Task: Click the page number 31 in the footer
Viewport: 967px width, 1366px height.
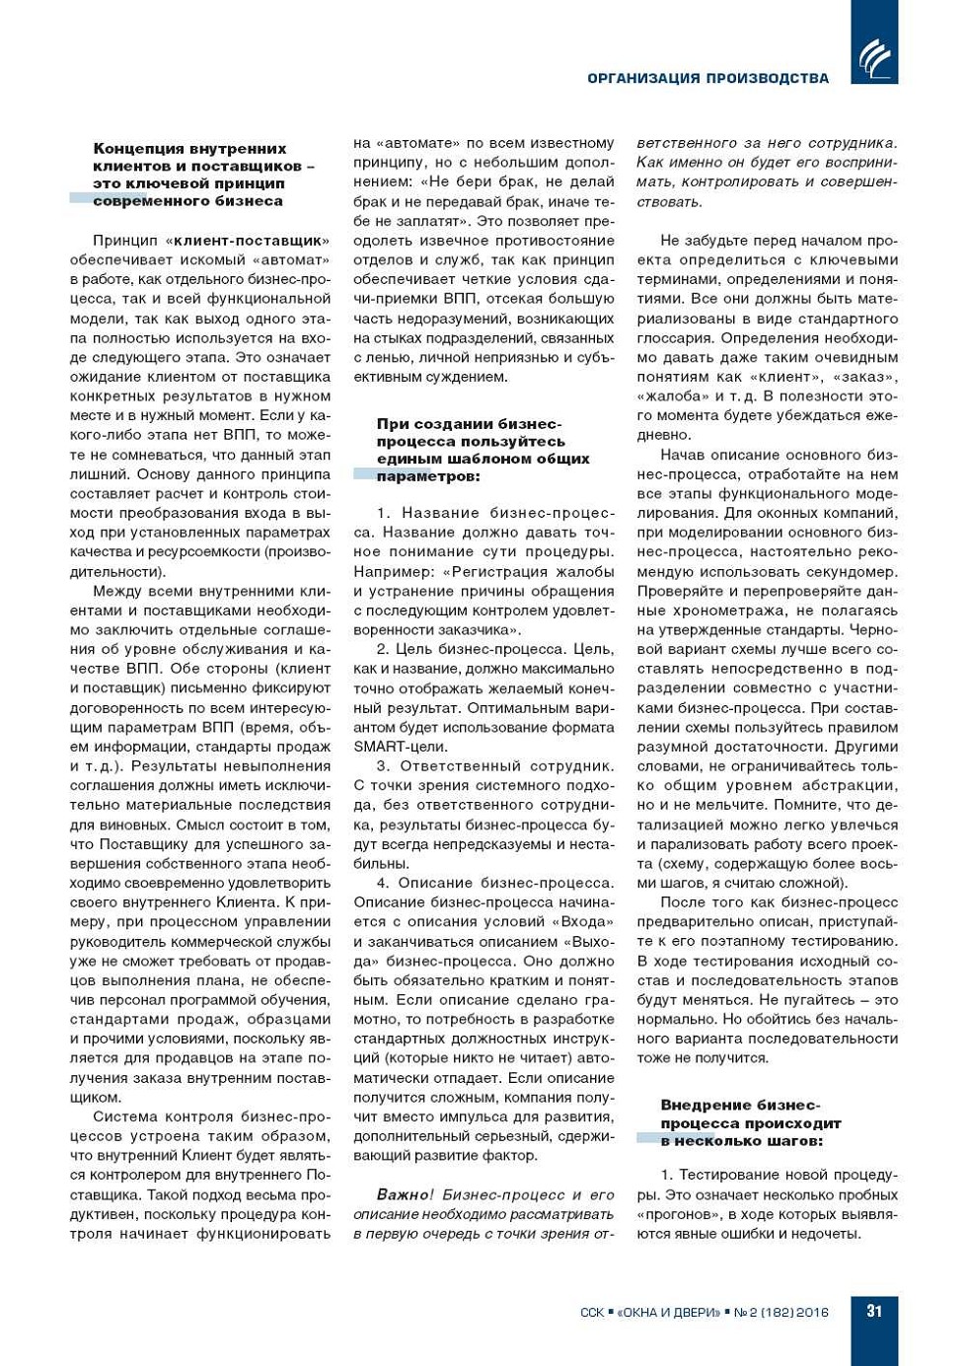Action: click(x=874, y=1311)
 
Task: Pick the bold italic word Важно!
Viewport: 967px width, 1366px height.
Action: click(x=405, y=1194)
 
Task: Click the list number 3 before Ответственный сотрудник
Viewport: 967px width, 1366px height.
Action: click(x=383, y=765)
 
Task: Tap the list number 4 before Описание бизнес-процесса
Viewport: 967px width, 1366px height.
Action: click(x=383, y=883)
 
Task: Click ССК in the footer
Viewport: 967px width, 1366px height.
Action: click(x=592, y=1312)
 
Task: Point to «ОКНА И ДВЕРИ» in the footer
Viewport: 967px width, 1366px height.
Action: click(x=669, y=1312)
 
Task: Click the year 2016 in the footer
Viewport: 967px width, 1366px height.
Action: click(x=812, y=1312)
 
